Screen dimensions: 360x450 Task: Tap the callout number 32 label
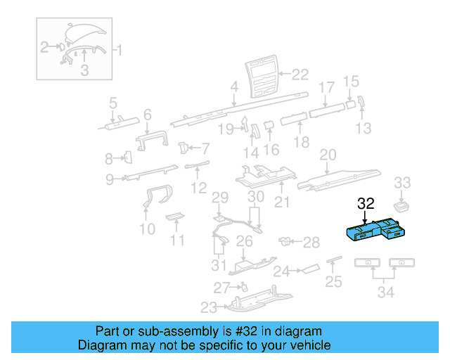point(366,204)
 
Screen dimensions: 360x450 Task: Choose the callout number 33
point(402,183)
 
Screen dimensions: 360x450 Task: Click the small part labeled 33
point(402,206)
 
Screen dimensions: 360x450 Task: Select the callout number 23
point(209,307)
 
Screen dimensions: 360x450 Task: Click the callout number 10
point(147,229)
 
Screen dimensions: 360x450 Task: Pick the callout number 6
point(147,114)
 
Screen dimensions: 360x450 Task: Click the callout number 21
point(282,203)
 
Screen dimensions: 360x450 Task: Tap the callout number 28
point(311,242)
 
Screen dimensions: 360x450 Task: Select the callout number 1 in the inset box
point(118,50)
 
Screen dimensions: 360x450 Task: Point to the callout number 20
point(328,154)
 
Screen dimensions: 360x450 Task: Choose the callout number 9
point(110,179)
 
